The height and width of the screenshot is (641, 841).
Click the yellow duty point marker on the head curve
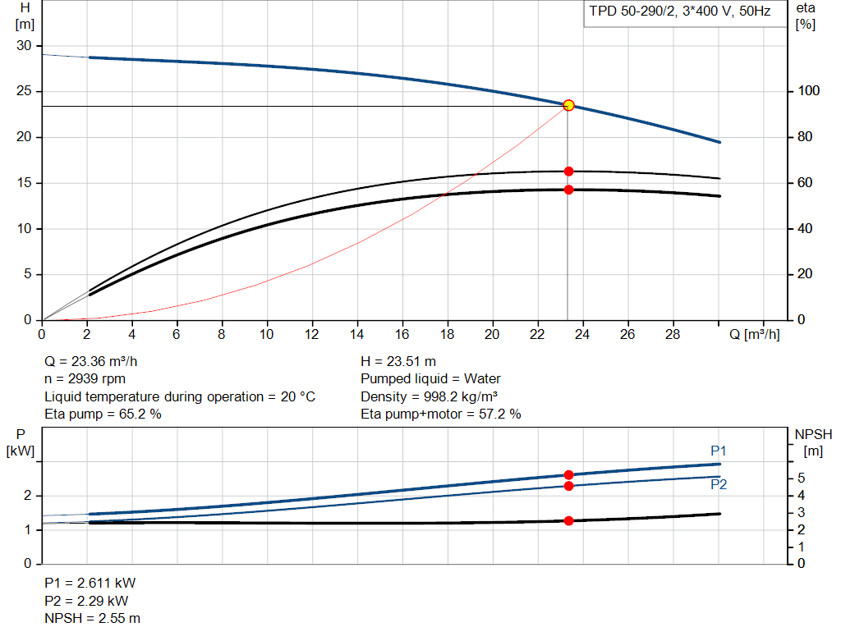568,105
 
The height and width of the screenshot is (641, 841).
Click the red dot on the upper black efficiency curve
568,172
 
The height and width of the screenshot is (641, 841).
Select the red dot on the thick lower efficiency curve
568,190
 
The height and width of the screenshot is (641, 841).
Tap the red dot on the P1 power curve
568,475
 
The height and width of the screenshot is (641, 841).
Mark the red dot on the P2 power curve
568,486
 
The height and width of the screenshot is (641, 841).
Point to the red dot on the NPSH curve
568,521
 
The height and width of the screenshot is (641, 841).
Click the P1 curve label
718,451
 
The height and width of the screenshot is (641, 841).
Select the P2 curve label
718,484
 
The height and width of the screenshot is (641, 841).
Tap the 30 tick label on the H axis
24,46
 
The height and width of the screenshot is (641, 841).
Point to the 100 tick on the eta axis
808,90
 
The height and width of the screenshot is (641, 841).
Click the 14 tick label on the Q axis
356,334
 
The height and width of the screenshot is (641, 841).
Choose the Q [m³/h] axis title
754,334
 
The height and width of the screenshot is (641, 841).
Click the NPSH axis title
813,442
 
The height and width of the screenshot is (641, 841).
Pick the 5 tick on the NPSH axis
802,478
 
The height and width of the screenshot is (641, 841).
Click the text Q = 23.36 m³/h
90,362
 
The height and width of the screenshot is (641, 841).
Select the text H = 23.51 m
398,362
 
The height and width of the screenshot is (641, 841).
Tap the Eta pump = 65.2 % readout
103,414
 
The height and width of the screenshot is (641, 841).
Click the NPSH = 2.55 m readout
92,619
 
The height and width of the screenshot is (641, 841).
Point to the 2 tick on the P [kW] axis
27,496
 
